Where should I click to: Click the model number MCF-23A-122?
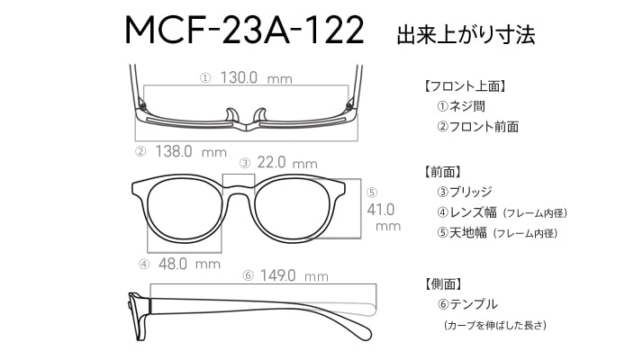[x=244, y=31]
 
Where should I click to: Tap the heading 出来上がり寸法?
[x=466, y=34]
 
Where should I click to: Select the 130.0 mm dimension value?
[x=257, y=77]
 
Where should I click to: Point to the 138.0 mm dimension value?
[x=191, y=152]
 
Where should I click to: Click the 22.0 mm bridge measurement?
[x=287, y=163]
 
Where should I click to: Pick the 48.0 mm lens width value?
[x=189, y=264]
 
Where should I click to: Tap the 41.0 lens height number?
[x=381, y=210]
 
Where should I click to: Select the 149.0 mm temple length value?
[x=294, y=275]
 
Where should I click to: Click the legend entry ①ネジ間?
[x=461, y=106]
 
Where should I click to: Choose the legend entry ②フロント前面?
[x=477, y=126]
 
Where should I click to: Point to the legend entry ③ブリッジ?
[x=464, y=192]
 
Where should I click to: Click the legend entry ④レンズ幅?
[x=466, y=212]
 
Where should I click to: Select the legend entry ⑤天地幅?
[x=462, y=232]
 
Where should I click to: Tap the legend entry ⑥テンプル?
[x=467, y=304]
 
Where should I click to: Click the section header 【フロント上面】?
[x=464, y=86]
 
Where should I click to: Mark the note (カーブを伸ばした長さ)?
[x=495, y=325]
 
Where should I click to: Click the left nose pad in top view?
[x=231, y=115]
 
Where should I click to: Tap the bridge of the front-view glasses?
[x=239, y=189]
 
